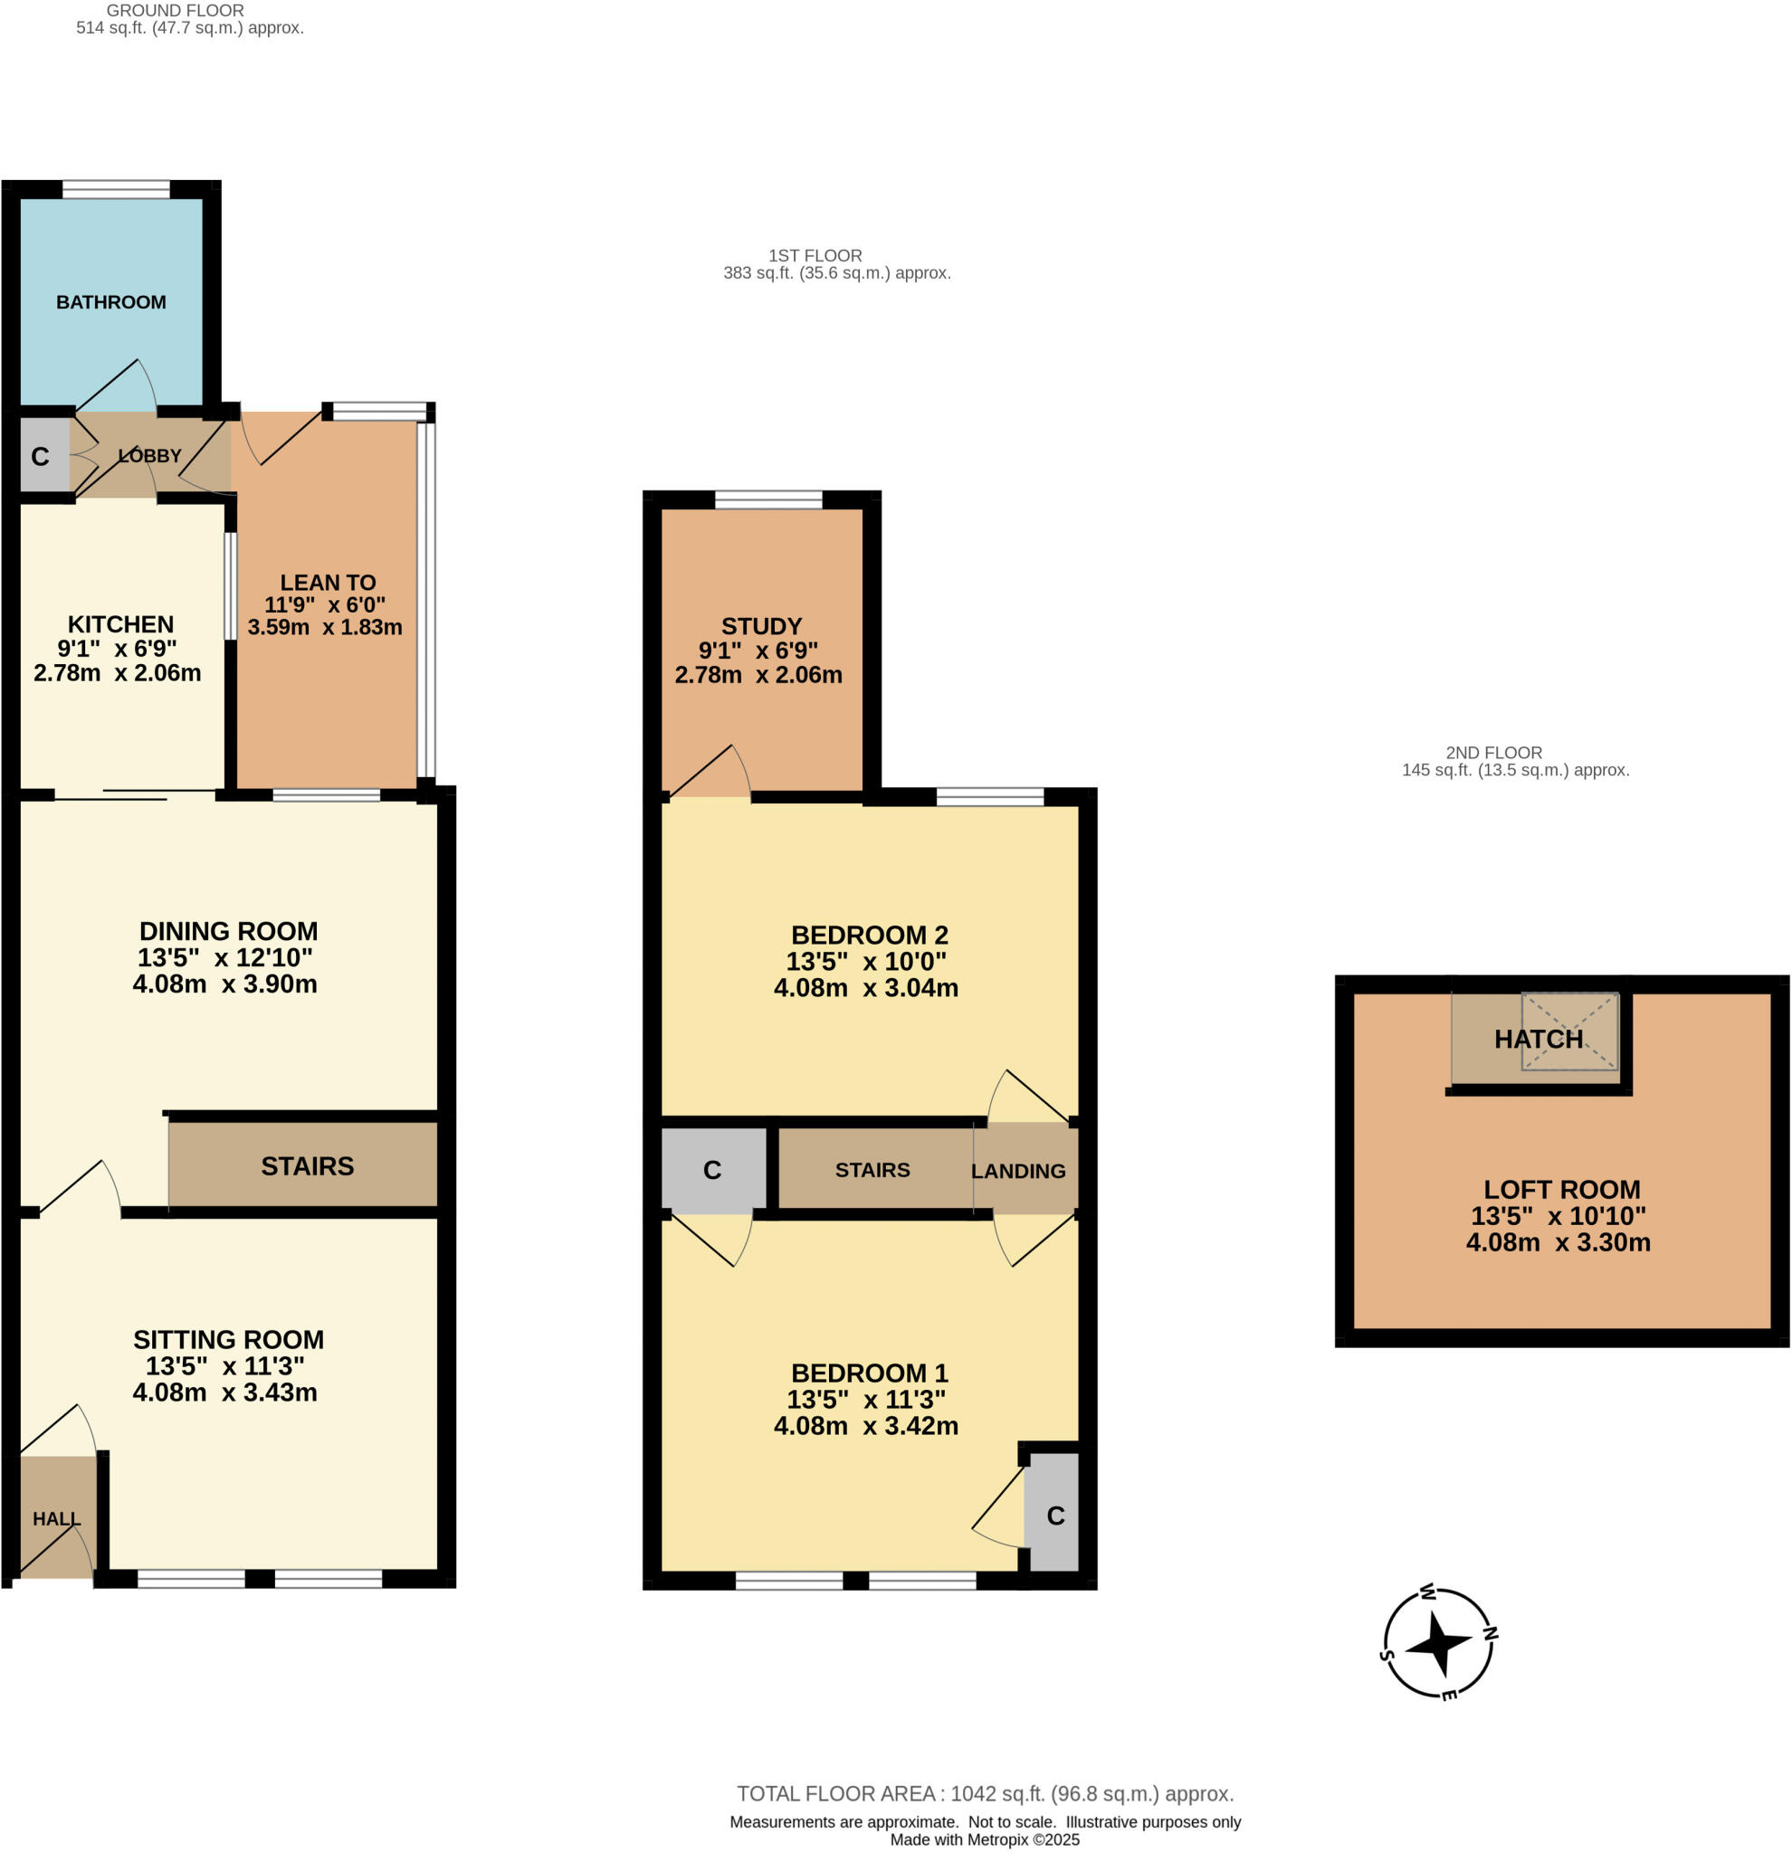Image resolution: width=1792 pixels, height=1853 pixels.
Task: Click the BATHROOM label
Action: [x=110, y=301]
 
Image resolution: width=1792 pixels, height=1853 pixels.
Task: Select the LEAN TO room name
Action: [x=328, y=583]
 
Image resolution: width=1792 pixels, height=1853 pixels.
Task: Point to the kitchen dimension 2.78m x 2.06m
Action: [x=118, y=673]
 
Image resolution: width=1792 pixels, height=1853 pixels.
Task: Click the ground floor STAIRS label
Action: [x=308, y=1165]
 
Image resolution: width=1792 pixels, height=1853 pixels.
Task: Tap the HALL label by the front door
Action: [x=56, y=1518]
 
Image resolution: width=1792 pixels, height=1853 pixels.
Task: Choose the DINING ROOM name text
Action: [x=228, y=930]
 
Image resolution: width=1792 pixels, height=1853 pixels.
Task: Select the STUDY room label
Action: [x=761, y=626]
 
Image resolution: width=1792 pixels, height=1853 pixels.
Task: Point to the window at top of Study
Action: [x=768, y=499]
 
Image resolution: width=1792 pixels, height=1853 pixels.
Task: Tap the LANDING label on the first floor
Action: [x=1017, y=1171]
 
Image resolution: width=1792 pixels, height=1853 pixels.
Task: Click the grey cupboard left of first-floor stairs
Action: [x=713, y=1171]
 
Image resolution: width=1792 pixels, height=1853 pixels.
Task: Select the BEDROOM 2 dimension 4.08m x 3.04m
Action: [x=865, y=988]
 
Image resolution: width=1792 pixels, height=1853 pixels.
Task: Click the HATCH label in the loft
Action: [x=1538, y=1039]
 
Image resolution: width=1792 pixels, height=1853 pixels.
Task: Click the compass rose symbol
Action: [x=1437, y=1646]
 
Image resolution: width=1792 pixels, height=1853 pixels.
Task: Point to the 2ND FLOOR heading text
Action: [x=1493, y=753]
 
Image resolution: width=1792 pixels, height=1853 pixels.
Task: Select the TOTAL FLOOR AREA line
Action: [x=985, y=1793]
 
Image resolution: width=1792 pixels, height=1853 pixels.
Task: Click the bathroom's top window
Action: [x=117, y=189]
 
